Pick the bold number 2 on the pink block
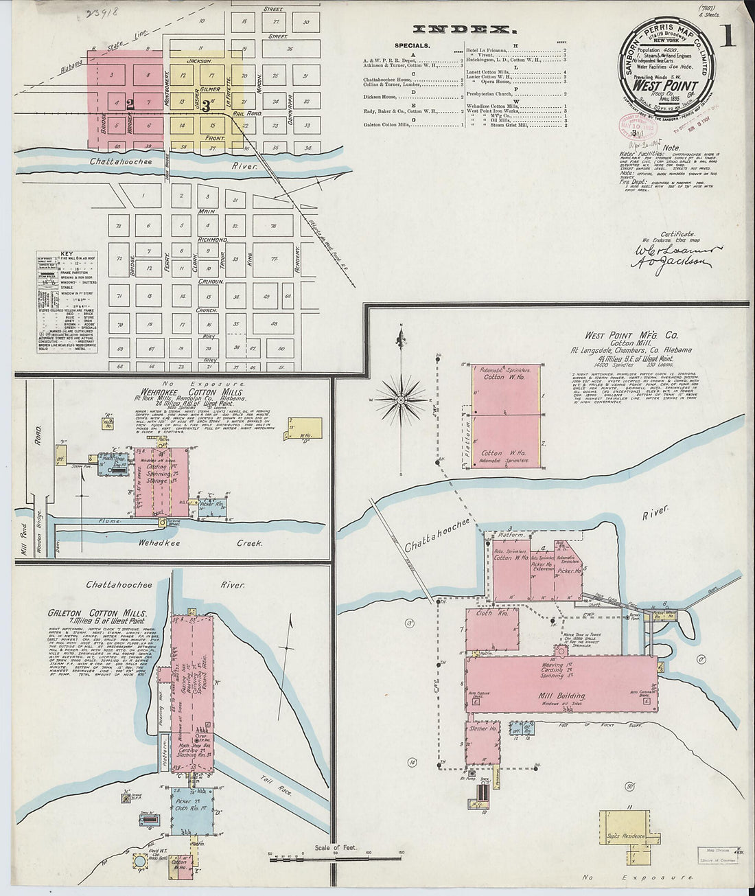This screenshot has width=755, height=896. [x=129, y=103]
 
